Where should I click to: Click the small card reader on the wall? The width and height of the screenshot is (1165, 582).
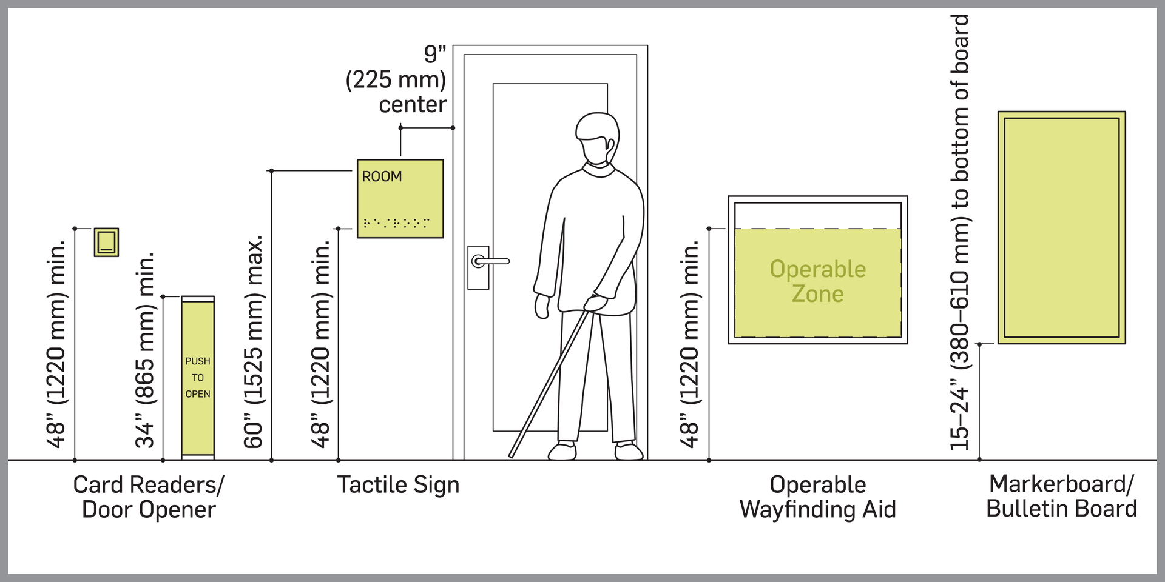106,242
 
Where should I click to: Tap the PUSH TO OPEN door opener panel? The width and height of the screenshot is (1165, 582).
198,376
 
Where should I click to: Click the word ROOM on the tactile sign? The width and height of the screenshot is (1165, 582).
382,176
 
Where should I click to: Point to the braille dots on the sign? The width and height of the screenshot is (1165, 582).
396,223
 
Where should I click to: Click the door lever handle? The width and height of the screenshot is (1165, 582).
490,261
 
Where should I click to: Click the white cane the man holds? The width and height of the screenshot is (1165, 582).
549,382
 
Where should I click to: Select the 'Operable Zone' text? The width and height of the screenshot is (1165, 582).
817,281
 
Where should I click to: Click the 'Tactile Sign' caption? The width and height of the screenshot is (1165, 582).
398,485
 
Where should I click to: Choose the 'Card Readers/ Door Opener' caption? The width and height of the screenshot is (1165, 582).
149,497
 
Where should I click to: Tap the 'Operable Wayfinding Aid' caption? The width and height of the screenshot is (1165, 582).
817,497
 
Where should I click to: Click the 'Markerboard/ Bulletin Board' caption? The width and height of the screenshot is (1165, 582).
1061,497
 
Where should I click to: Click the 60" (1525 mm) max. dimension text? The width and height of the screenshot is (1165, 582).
254,343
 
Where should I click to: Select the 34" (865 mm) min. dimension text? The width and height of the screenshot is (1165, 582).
146,350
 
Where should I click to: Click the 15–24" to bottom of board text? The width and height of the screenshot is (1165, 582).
960,233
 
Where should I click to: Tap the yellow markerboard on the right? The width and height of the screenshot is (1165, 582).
1061,227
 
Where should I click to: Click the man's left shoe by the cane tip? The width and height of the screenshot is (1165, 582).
562,452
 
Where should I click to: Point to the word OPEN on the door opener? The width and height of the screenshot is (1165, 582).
198,394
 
